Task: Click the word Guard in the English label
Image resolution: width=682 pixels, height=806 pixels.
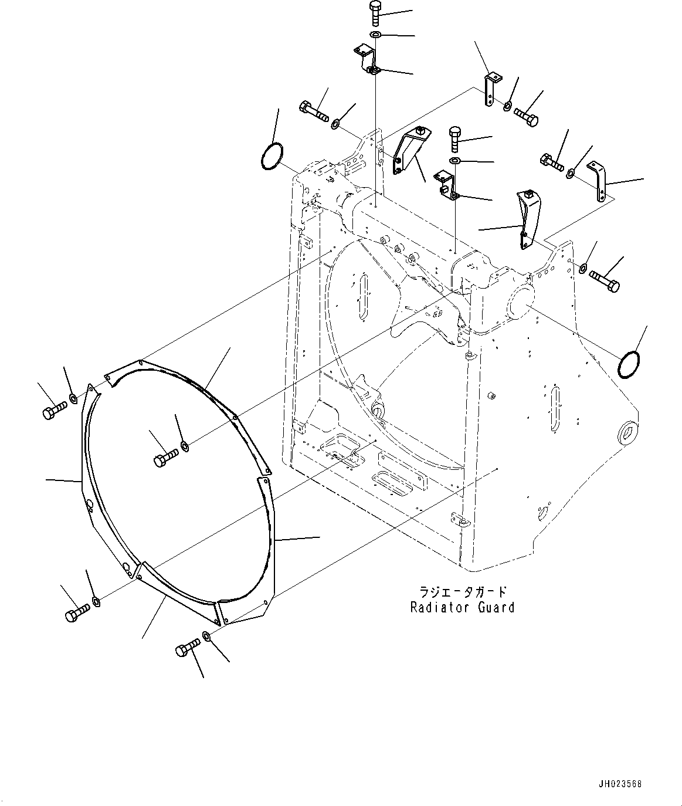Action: tap(496, 608)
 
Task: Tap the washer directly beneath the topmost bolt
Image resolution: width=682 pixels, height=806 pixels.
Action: tap(376, 35)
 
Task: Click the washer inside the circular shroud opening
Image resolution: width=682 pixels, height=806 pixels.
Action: tap(184, 448)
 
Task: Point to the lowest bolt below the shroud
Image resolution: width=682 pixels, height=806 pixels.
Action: tap(186, 649)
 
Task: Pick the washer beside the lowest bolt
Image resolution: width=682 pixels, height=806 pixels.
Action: tap(206, 636)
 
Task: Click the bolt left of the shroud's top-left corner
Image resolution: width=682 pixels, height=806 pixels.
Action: tap(53, 411)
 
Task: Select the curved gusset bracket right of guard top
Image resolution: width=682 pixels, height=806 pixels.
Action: tap(527, 217)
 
